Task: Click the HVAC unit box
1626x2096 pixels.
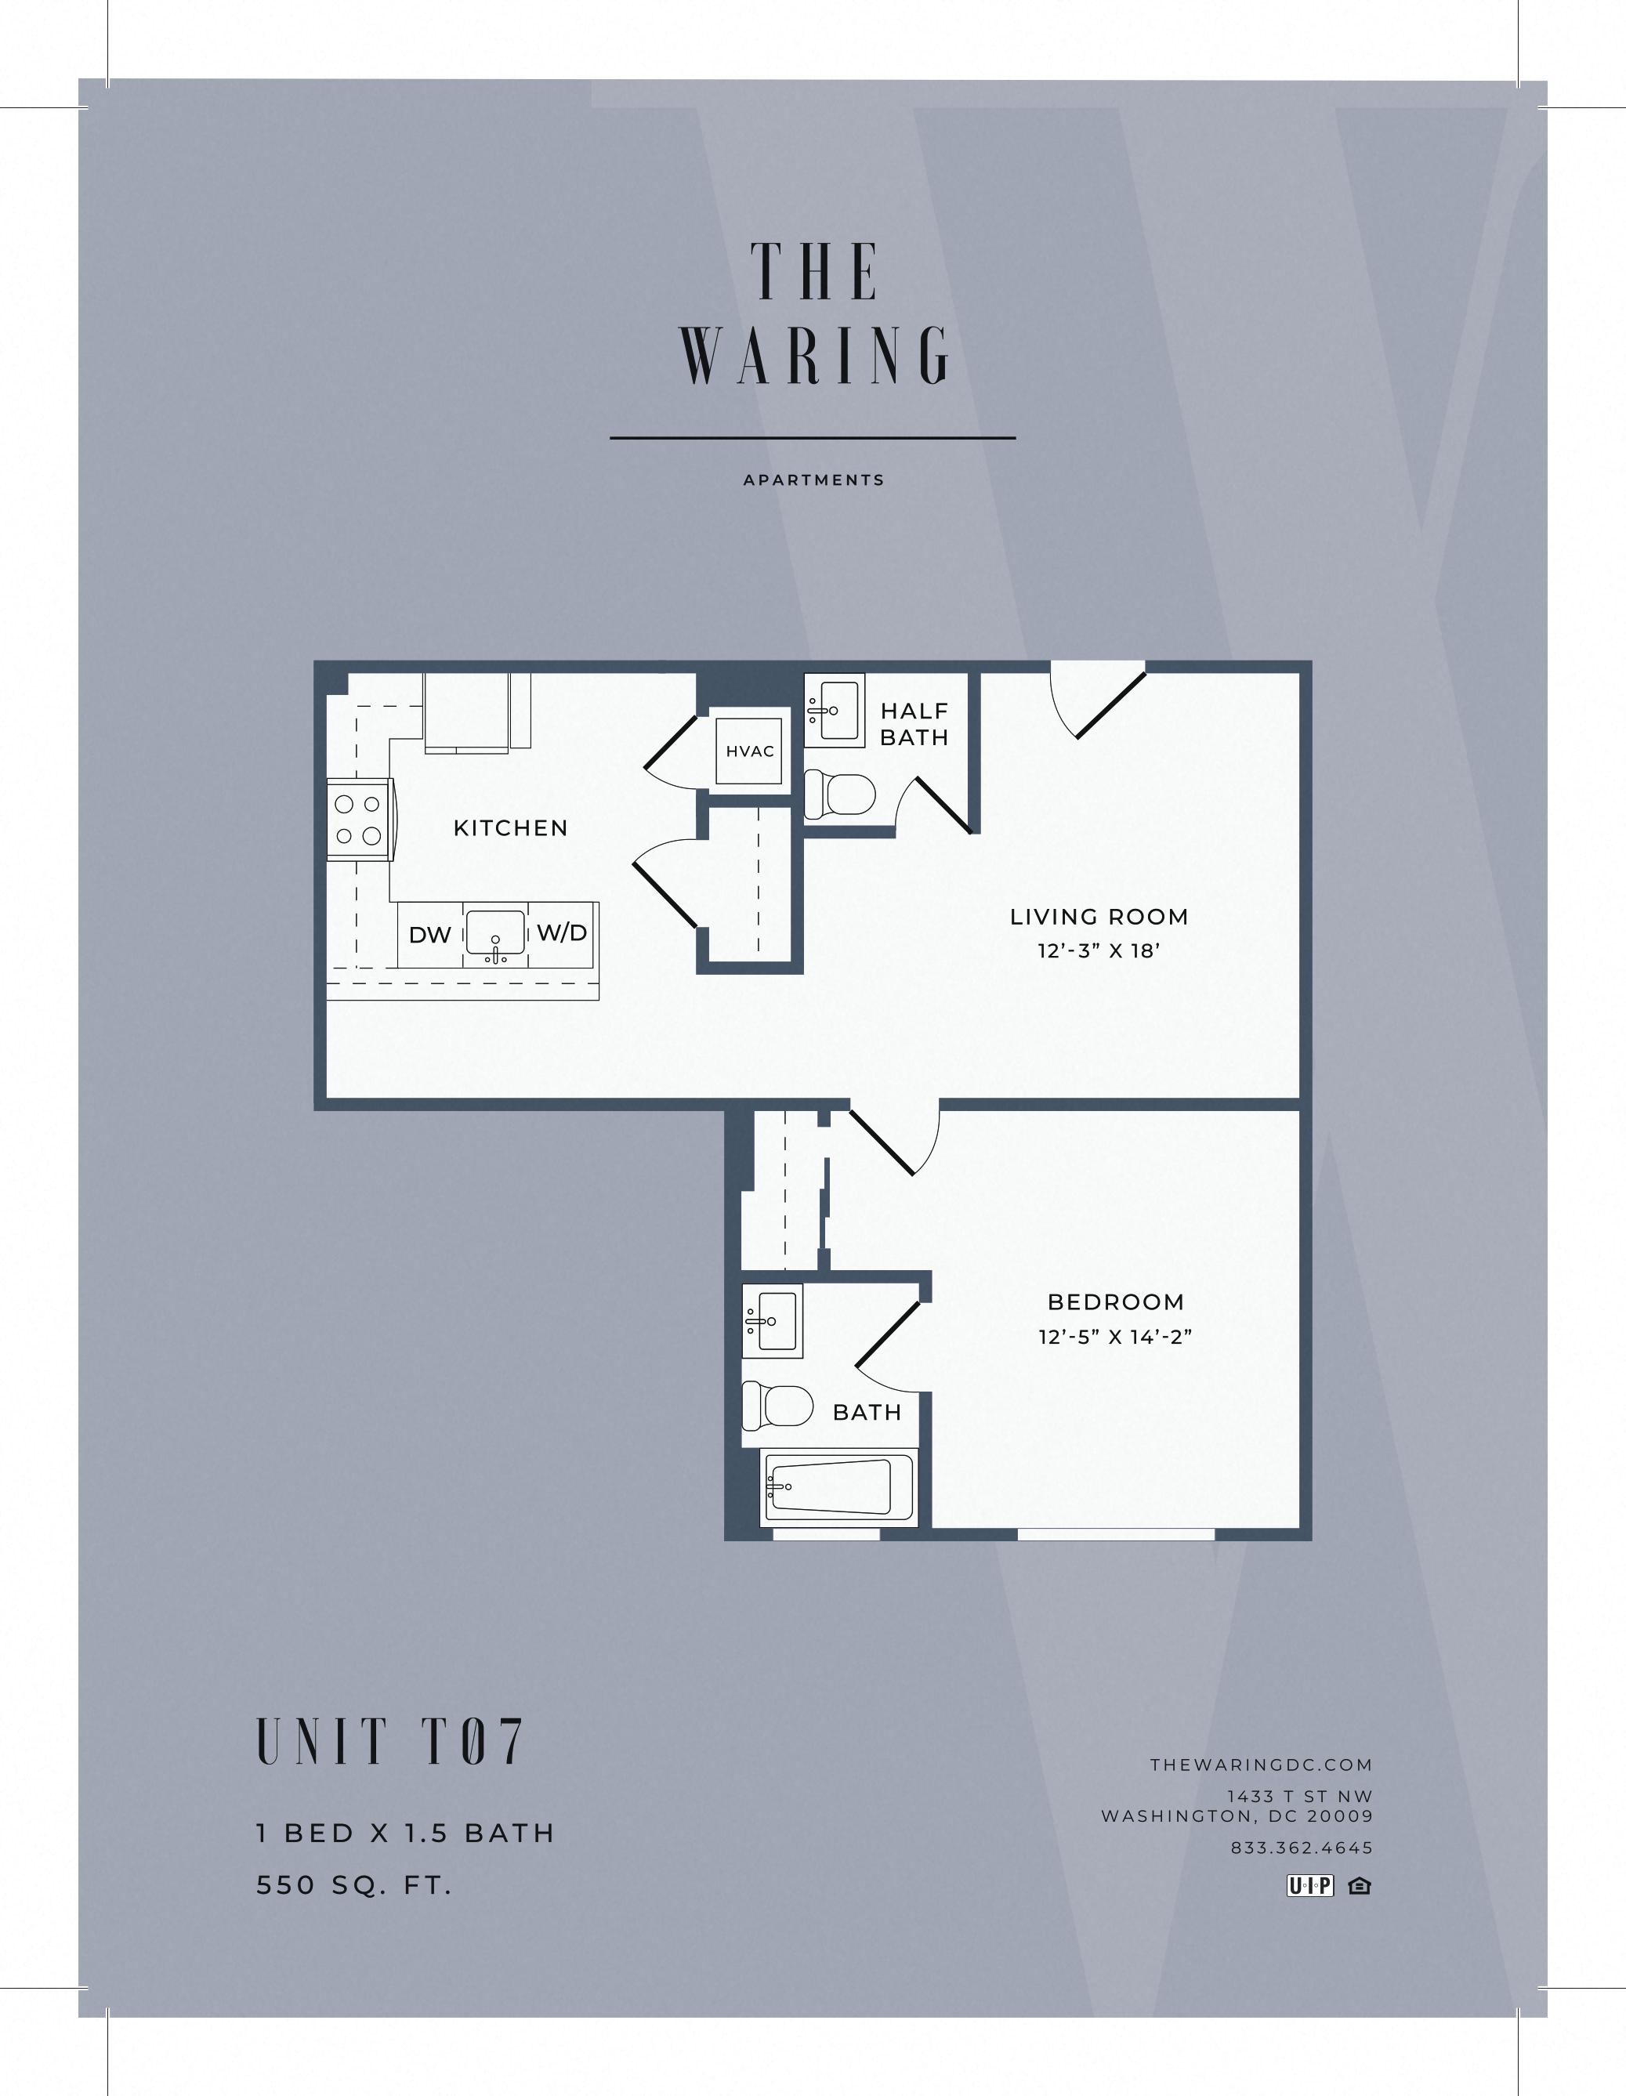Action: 750,751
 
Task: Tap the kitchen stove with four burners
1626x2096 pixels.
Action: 359,820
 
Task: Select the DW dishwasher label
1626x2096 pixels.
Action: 430,935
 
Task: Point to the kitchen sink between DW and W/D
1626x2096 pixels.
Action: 495,933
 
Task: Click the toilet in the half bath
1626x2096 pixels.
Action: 841,795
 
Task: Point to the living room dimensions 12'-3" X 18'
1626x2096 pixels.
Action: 1099,951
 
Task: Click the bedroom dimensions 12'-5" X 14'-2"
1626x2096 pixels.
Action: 1114,1337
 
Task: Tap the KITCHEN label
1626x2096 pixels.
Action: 511,828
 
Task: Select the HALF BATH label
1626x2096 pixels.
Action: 914,724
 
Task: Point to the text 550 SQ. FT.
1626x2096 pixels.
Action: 353,1886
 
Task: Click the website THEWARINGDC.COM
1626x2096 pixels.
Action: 1262,1765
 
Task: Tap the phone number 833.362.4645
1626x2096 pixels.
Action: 1302,1848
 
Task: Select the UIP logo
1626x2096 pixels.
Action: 1310,1886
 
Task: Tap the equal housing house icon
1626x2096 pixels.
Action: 1359,1886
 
